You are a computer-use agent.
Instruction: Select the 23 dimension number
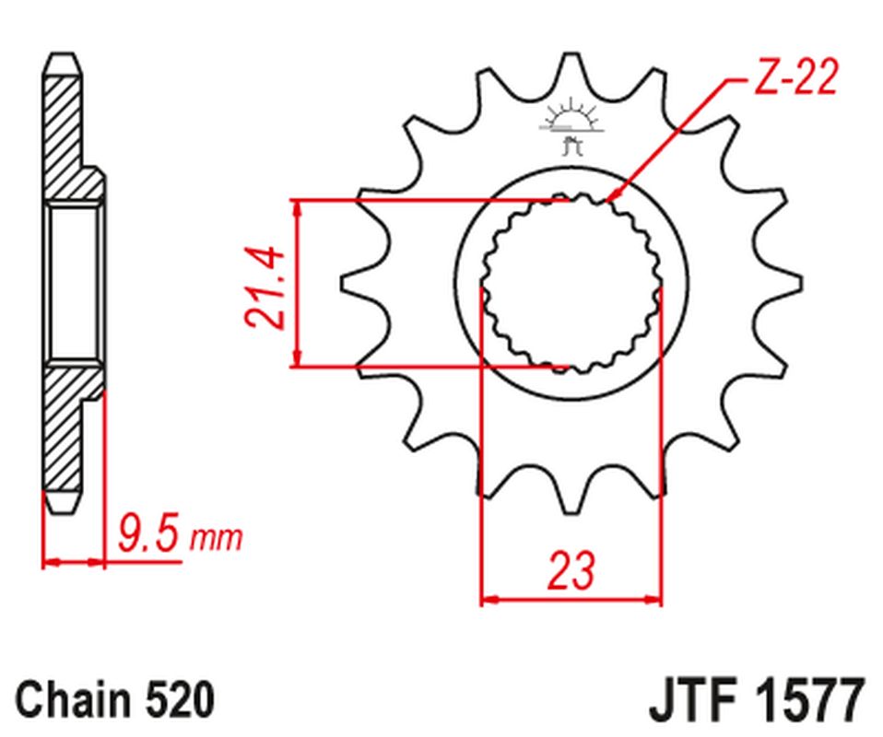[571, 570]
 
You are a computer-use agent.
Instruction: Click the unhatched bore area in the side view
[74, 281]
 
